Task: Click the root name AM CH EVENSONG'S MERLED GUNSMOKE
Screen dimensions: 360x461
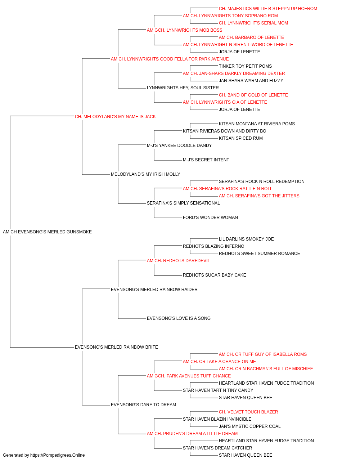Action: [x=47, y=232]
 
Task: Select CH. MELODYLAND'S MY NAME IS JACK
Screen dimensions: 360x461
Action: [x=115, y=117]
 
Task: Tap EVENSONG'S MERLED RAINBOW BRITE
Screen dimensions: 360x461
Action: [x=116, y=347]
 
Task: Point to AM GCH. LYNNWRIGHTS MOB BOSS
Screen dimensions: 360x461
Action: [x=184, y=30]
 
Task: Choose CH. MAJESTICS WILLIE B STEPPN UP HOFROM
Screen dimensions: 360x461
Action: [x=268, y=9]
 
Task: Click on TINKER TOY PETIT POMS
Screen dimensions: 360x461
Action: [x=245, y=66]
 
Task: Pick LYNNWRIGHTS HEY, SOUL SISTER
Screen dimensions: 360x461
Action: [x=183, y=88]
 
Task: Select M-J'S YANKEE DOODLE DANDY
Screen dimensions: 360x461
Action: [x=179, y=146]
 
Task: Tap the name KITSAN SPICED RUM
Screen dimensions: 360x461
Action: [x=240, y=138]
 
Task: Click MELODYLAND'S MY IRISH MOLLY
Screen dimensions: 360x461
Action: [x=145, y=174]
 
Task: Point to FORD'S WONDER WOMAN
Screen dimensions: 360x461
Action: [x=210, y=218]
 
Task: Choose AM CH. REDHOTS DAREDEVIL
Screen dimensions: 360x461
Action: [x=178, y=261]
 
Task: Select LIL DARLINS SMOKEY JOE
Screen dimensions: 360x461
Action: [x=246, y=239]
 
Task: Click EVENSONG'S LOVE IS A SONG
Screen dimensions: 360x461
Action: [x=179, y=318]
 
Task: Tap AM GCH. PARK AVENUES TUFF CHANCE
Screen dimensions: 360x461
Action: [x=189, y=376]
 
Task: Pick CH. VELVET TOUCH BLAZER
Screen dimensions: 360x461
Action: [x=248, y=412]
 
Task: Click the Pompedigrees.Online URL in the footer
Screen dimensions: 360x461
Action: [x=57, y=455]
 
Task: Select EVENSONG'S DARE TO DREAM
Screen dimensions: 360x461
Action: [x=143, y=405]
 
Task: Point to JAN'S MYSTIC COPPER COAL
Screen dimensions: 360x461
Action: [x=249, y=426]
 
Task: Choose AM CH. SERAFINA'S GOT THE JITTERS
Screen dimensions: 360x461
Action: [x=259, y=196]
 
